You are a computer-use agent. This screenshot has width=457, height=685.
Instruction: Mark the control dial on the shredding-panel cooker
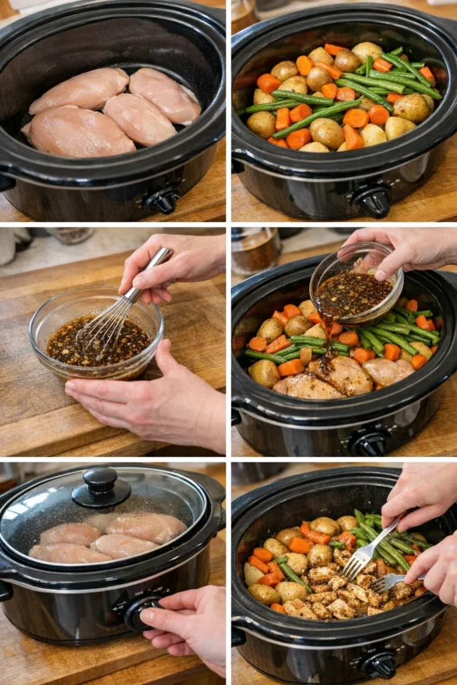point(379,664)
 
